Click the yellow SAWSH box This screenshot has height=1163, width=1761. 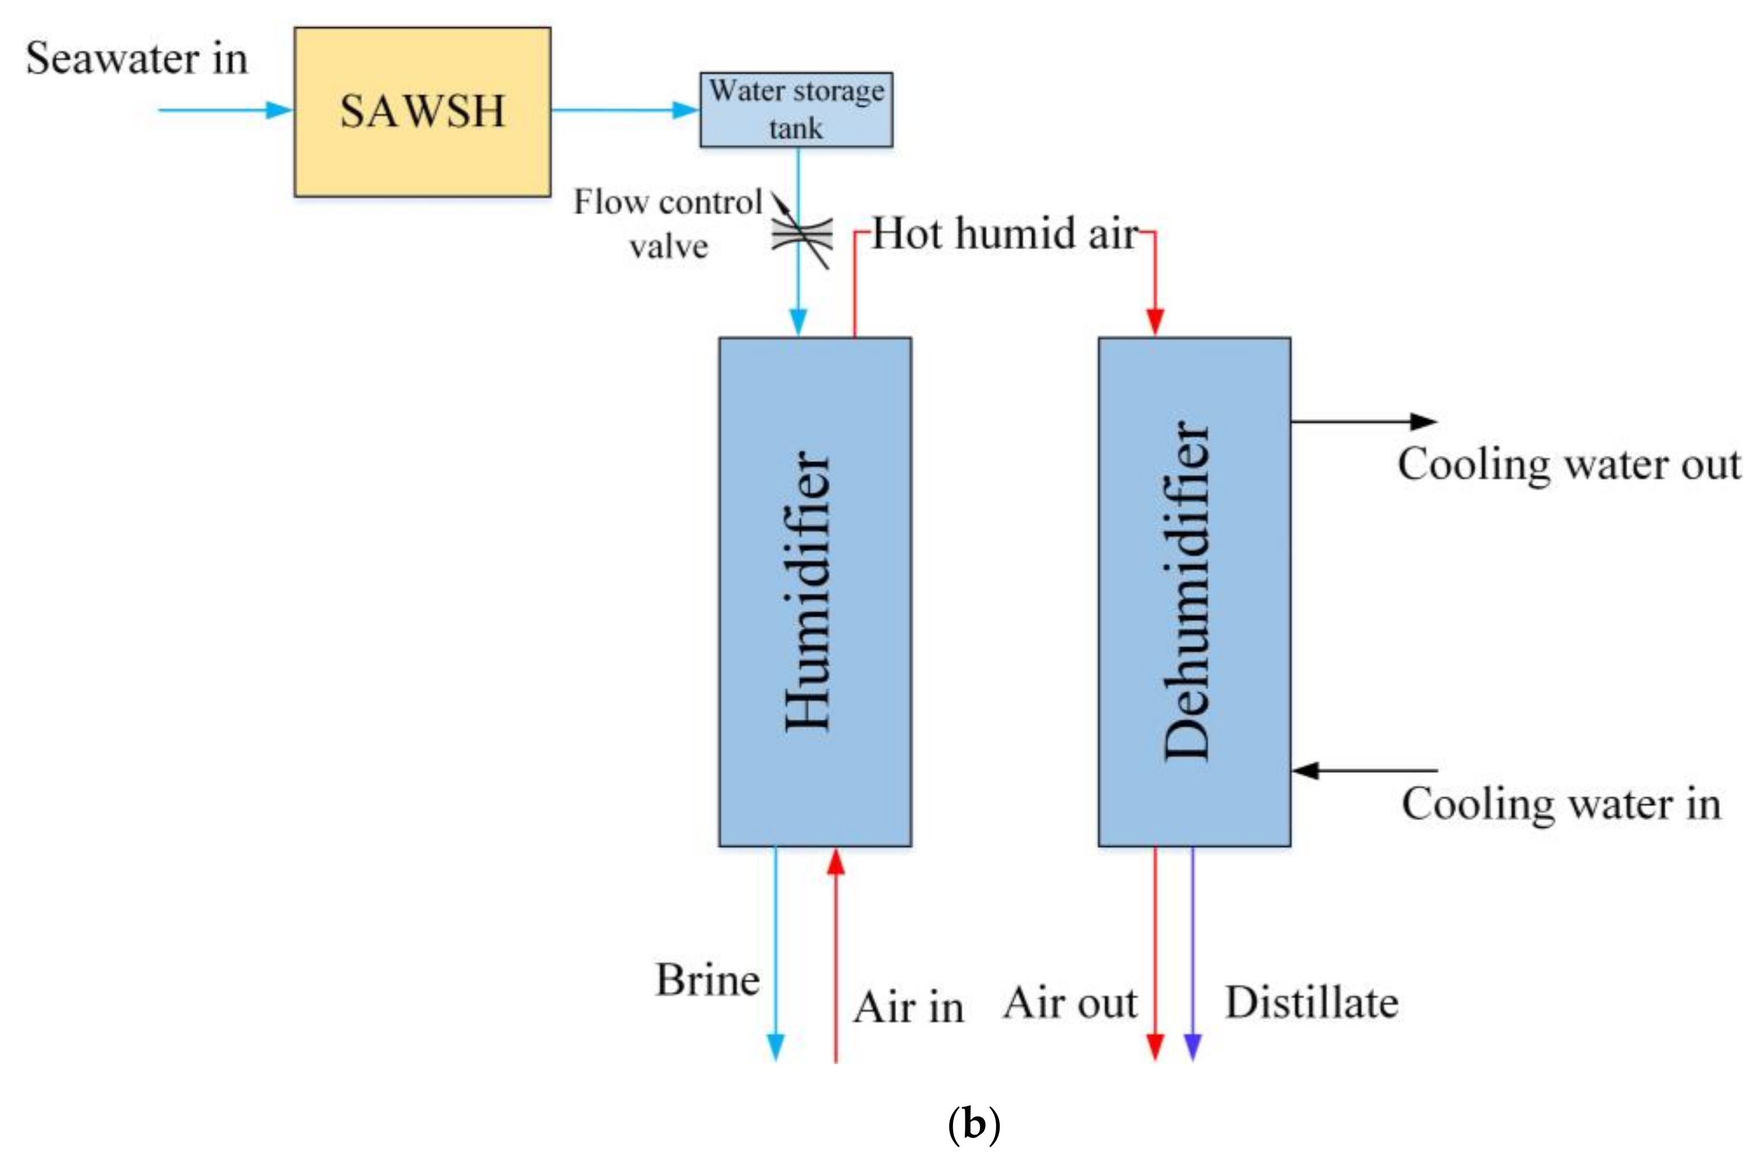coord(422,112)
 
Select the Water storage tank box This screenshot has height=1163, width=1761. coord(796,110)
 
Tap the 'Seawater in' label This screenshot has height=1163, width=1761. coord(137,59)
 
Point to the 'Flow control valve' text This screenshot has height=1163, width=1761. coord(668,223)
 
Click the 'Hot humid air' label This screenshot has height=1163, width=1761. coord(1005,234)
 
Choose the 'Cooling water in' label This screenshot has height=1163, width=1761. coord(1562,804)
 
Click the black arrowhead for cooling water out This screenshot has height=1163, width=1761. coord(1423,422)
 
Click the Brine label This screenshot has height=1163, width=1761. coord(707,980)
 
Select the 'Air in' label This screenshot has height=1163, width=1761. coord(909,1007)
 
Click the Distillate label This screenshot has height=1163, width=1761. coord(1312,1003)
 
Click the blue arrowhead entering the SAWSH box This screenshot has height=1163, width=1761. coord(280,110)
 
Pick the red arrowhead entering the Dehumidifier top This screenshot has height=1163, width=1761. coord(1154,321)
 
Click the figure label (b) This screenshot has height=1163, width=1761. coord(973,1125)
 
